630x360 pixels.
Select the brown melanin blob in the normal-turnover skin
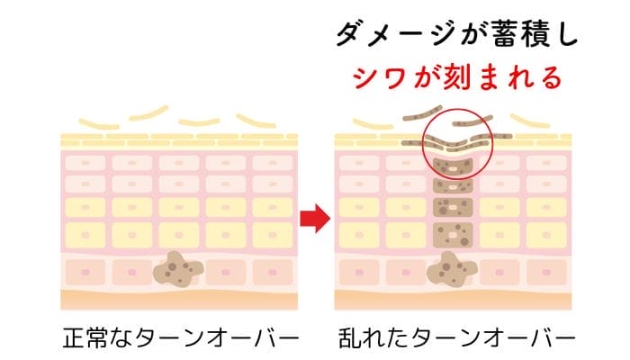pyautogui.click(x=178, y=268)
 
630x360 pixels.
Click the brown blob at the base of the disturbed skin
pyautogui.click(x=452, y=268)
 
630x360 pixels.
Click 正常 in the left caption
pyautogui.click(x=85, y=339)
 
